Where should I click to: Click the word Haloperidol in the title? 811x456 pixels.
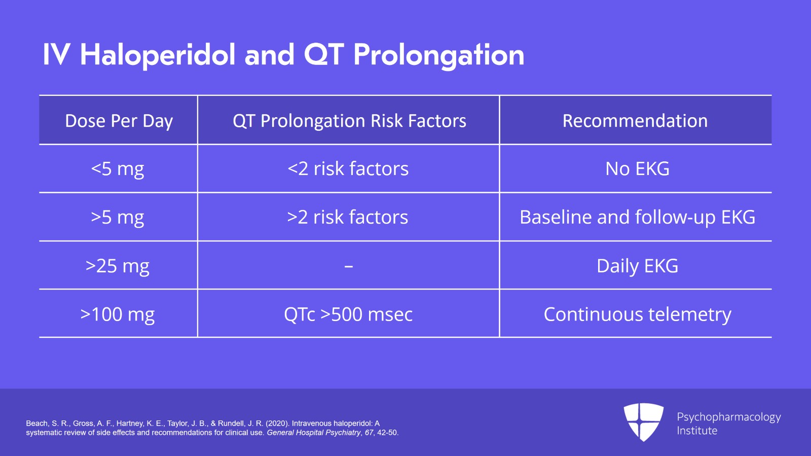[x=158, y=55]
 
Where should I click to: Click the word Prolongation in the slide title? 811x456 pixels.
[x=438, y=55]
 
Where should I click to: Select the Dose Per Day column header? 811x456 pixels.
[x=119, y=121]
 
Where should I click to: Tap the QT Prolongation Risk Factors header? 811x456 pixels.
[x=349, y=121]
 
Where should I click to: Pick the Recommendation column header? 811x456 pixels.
[x=635, y=121]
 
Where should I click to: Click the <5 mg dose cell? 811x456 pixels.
[x=118, y=169]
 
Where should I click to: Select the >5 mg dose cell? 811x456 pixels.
[x=118, y=217]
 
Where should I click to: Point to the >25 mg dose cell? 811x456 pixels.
[x=118, y=266]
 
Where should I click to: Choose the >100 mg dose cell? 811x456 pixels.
[x=118, y=314]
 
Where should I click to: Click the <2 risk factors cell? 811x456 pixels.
[x=348, y=169]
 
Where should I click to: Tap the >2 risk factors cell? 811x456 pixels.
[x=348, y=217]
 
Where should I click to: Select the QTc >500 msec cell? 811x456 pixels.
[x=348, y=314]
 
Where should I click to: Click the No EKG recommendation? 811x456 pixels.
[x=637, y=169]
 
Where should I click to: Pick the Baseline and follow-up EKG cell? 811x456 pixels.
[x=637, y=217]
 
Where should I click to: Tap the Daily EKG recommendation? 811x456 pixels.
[x=637, y=266]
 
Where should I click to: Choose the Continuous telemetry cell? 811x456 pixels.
[x=637, y=314]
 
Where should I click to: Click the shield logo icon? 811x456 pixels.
[x=643, y=422]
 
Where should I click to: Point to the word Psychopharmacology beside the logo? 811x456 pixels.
[x=728, y=417]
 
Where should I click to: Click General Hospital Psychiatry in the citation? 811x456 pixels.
[x=314, y=433]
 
